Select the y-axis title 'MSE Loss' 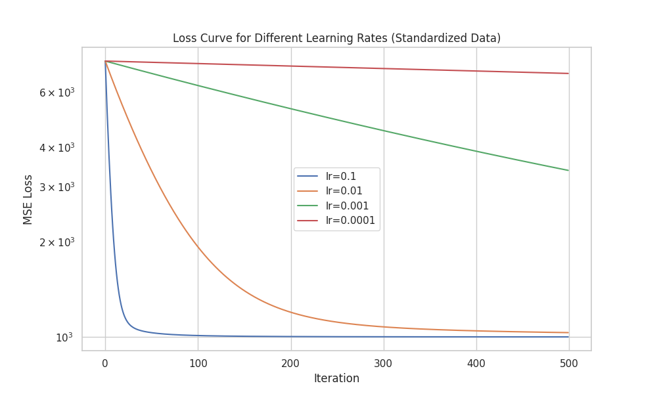[28, 199]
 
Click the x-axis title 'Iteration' [336, 378]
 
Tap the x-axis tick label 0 [105, 362]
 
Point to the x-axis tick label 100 [198, 362]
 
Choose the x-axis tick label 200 [290, 362]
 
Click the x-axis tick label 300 [383, 362]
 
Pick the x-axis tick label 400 [476, 362]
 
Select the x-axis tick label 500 [568, 362]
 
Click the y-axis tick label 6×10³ [57, 93]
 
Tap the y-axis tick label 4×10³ [57, 148]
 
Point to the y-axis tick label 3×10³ [57, 186]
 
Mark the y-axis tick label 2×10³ [57, 242]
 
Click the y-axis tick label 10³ [64, 338]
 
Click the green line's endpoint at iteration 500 [568, 170]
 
